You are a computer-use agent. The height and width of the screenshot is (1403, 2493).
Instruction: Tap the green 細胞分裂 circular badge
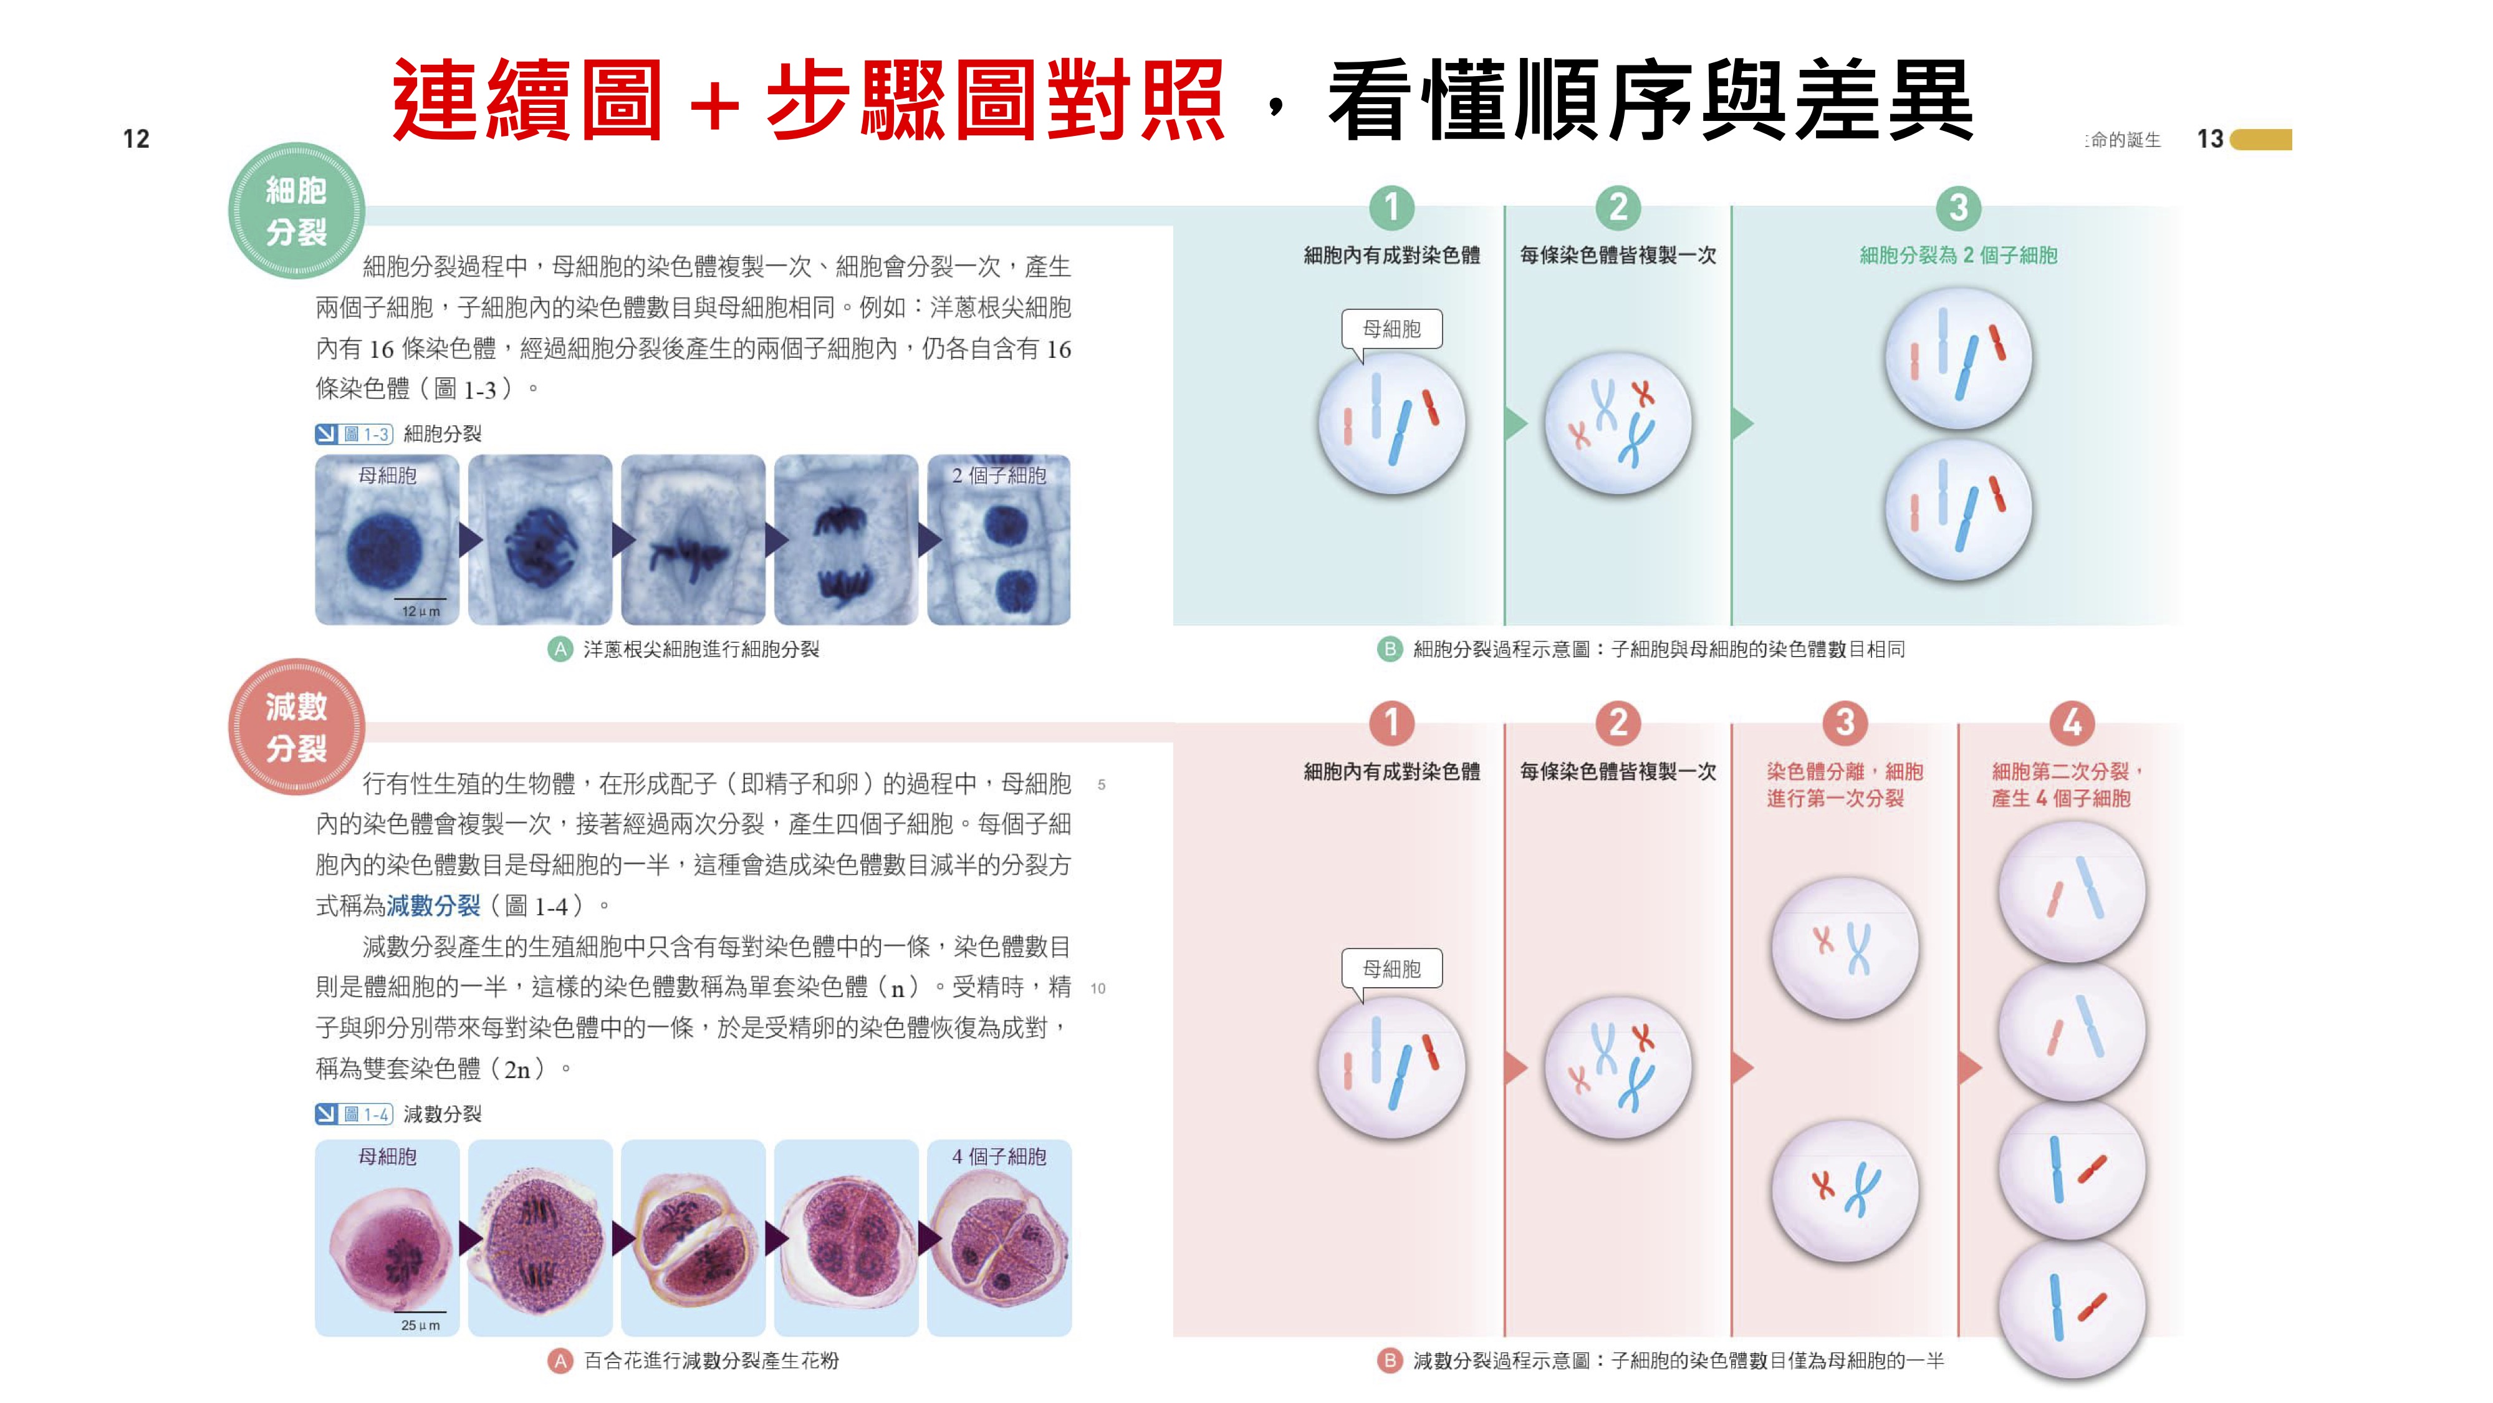point(296,211)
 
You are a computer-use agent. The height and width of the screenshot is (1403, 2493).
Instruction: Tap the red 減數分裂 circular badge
point(296,727)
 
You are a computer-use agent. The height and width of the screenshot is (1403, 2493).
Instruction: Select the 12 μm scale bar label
point(420,612)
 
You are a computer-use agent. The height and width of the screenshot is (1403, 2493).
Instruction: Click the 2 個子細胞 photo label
point(999,475)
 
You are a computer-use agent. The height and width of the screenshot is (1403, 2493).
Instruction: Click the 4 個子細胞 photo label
point(999,1156)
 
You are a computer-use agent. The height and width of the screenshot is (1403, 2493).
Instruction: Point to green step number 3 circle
point(1958,207)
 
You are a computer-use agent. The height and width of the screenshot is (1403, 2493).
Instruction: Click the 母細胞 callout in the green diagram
point(1391,329)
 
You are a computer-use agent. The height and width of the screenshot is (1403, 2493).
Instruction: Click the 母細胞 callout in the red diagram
point(1391,968)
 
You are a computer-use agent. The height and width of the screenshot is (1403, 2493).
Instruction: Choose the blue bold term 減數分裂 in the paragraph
point(433,906)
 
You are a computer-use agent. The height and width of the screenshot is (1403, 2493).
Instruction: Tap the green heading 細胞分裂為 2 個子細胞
point(1958,256)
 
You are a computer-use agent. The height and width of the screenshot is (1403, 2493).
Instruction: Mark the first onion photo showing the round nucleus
point(386,540)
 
